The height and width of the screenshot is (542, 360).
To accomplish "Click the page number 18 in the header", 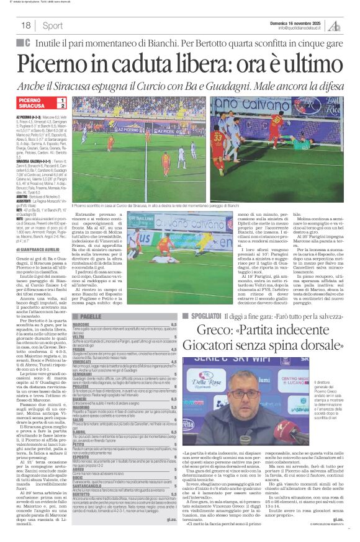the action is pos(26,25).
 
